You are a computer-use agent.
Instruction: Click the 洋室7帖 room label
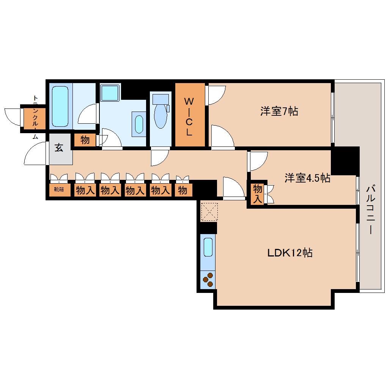(x=279, y=111)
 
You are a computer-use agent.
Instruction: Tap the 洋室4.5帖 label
(x=307, y=178)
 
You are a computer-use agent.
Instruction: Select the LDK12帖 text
(x=290, y=253)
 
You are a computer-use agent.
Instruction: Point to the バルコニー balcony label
(x=370, y=210)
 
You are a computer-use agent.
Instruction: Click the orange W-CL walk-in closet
(x=190, y=115)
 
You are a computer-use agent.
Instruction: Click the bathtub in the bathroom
(x=60, y=106)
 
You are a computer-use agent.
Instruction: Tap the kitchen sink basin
(x=208, y=247)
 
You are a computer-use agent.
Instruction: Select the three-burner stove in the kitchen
(x=208, y=280)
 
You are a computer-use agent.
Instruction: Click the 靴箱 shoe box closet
(x=59, y=190)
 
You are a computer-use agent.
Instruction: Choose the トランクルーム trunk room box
(x=35, y=118)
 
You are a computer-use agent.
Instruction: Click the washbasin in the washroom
(x=139, y=124)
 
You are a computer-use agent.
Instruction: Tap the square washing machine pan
(x=110, y=93)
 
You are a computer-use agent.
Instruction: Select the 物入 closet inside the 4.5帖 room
(x=257, y=194)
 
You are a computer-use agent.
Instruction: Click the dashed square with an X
(x=209, y=212)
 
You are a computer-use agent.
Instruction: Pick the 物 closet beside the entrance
(x=85, y=140)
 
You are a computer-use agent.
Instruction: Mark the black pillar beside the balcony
(x=345, y=160)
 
